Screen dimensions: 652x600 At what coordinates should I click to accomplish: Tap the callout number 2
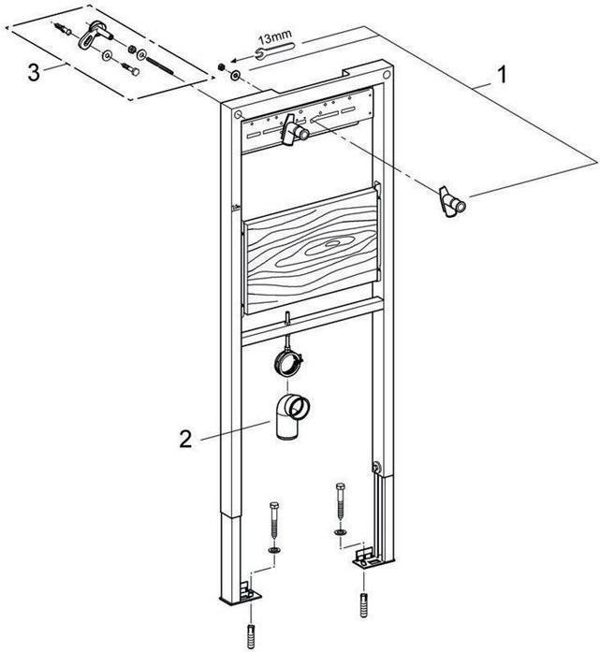click(x=187, y=438)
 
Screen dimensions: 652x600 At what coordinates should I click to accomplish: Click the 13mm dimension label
click(x=274, y=36)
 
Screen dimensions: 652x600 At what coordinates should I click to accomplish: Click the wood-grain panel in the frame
click(x=311, y=254)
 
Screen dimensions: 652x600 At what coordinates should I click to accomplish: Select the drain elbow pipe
click(x=291, y=416)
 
